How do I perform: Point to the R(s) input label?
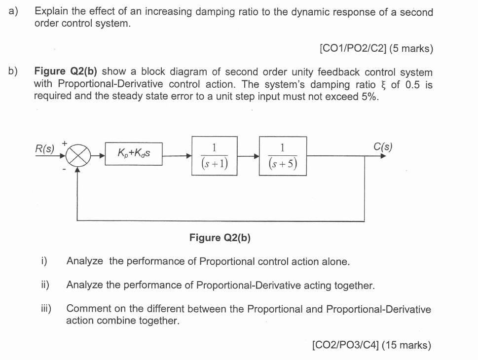click(45, 148)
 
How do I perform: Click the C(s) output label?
click(383, 147)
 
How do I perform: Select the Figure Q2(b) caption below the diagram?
click(220, 238)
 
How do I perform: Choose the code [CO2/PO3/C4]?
click(345, 345)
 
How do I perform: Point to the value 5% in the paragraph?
click(369, 96)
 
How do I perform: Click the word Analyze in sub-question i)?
click(85, 261)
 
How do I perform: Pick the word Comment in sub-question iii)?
click(87, 309)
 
